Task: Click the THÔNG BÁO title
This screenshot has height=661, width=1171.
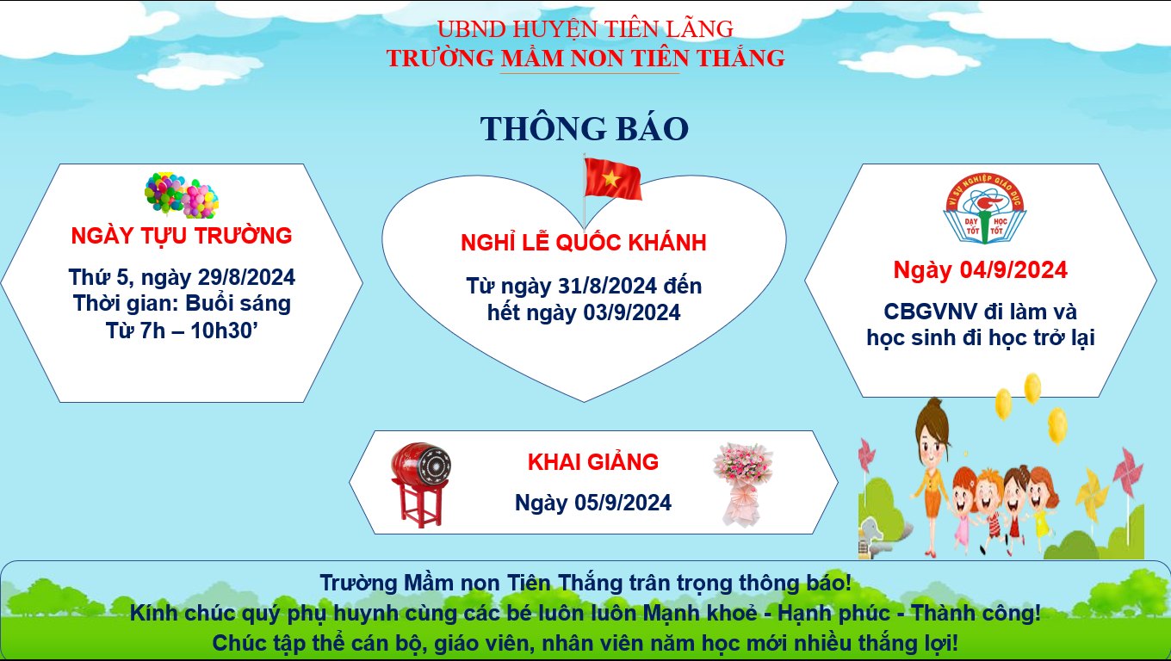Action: point(585,128)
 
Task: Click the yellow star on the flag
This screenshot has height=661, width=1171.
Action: point(611,180)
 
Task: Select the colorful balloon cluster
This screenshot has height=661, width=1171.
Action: point(182,195)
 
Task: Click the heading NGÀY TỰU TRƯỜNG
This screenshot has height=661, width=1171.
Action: point(182,236)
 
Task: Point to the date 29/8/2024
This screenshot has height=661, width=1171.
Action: point(246,277)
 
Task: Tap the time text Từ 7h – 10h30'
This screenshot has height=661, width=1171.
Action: point(182,330)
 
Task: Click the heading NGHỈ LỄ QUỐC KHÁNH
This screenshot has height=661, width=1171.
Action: point(584,243)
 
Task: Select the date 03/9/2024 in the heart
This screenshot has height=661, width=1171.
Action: point(631,312)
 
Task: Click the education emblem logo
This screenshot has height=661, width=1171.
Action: point(984,208)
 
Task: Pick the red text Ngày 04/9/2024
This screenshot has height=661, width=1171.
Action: point(980,270)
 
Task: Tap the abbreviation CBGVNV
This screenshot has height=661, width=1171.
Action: point(930,312)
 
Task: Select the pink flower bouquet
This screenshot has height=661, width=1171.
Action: point(742,485)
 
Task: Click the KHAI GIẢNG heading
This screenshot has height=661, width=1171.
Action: point(592,462)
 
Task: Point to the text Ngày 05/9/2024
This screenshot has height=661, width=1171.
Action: point(592,503)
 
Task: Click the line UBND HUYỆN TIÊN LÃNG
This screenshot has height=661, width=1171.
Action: point(585,29)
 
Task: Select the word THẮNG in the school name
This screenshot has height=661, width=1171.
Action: point(741,58)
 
